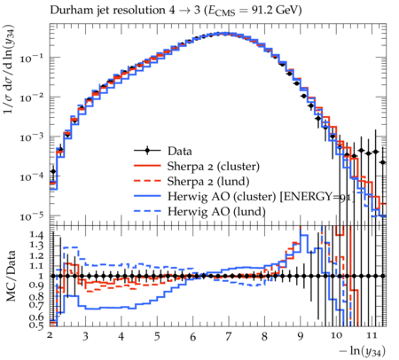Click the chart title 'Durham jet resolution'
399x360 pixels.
click(x=107, y=11)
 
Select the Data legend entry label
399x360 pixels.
click(x=180, y=151)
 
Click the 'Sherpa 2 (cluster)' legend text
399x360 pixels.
click(x=214, y=167)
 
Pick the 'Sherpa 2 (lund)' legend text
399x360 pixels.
click(x=208, y=182)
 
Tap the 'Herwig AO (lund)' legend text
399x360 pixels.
click(x=216, y=212)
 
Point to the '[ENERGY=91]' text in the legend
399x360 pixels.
click(x=317, y=197)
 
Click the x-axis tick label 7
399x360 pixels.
click(x=228, y=337)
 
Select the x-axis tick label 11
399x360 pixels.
click(x=372, y=335)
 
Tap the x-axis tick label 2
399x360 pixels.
click(x=50, y=335)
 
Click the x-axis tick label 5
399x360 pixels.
click(x=157, y=337)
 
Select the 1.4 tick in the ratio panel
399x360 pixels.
click(x=36, y=235)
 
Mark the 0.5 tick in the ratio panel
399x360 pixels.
click(x=36, y=325)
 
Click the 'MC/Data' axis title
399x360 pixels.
click(x=12, y=276)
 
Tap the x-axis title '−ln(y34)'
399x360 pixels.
click(x=363, y=351)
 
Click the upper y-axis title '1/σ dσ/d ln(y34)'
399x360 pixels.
click(x=10, y=69)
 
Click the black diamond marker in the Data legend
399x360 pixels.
click(x=147, y=151)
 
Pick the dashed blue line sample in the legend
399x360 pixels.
click(x=147, y=211)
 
